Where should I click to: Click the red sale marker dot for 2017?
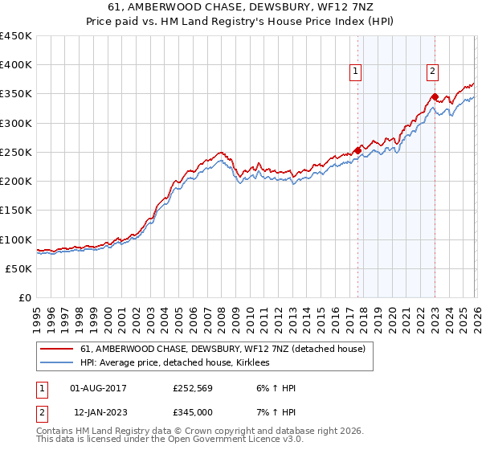(x=358, y=150)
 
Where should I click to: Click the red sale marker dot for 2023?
(x=435, y=97)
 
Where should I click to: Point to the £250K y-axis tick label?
(x=16, y=152)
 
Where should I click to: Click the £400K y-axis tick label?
(x=16, y=65)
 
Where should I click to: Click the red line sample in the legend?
(x=57, y=350)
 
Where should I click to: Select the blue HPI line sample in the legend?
(x=57, y=363)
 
